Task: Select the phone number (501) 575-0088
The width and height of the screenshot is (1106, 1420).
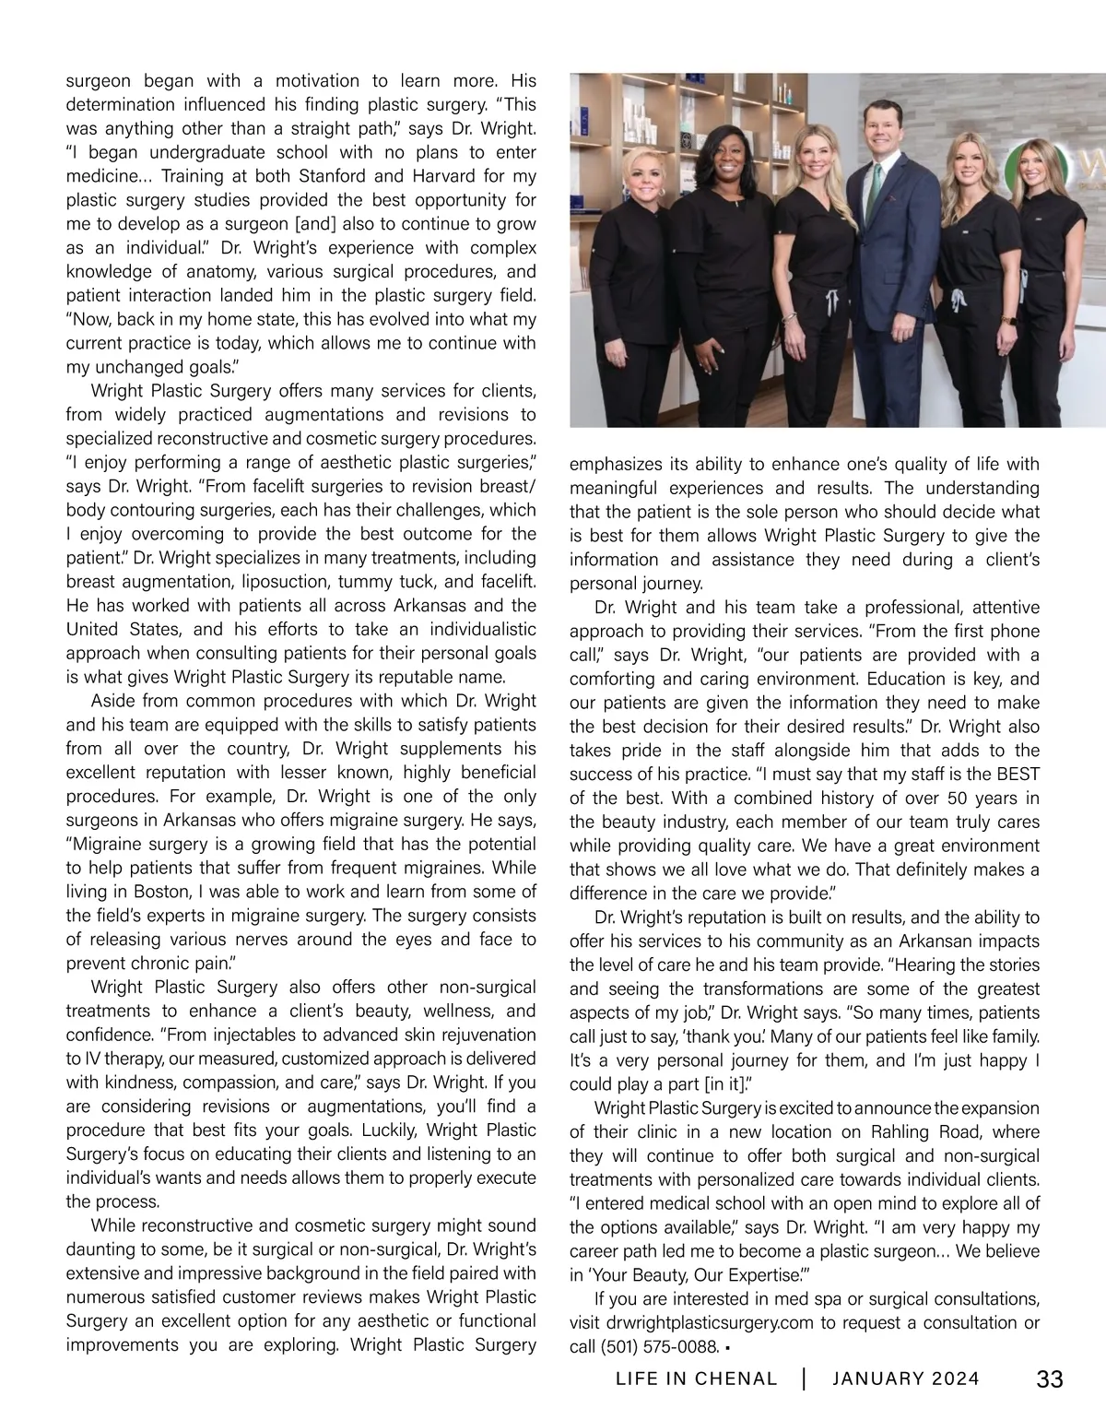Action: coord(658,1347)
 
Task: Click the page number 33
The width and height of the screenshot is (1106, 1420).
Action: coord(1050,1379)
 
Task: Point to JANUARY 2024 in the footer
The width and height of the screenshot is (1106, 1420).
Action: coord(906,1379)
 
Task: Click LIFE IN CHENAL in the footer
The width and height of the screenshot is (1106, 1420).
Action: coord(696,1379)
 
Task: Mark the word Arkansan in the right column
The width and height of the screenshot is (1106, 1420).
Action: coord(950,941)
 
